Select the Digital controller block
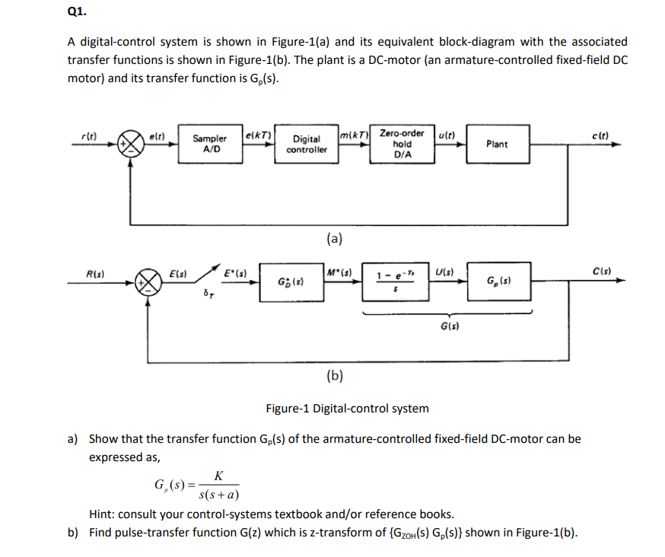pos(307,144)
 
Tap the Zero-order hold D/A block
pos(402,144)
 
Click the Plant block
pos(497,144)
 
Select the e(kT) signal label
pos(259,135)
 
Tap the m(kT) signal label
pos(355,135)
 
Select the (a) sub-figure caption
pos(334,239)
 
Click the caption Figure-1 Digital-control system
pos(347,409)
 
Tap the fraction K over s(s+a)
pos(218,485)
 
